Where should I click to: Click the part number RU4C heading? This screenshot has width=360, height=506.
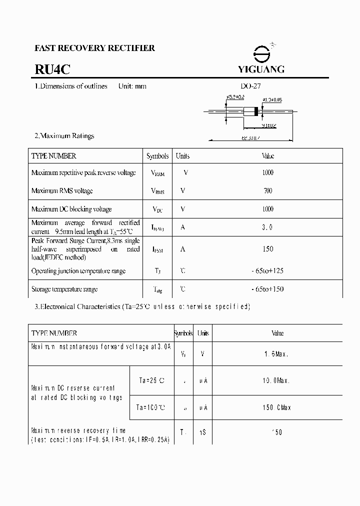(x=49, y=69)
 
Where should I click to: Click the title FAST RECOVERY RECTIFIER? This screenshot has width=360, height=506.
(x=94, y=48)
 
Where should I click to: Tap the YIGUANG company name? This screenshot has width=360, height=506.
(x=261, y=69)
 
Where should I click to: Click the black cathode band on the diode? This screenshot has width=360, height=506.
(x=256, y=112)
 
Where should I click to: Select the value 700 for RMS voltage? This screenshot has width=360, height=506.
(x=267, y=190)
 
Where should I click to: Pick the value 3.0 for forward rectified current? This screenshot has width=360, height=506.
(x=267, y=227)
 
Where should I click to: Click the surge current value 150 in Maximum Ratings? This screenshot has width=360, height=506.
(x=267, y=249)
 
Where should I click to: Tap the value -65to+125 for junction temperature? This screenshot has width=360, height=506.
(x=267, y=271)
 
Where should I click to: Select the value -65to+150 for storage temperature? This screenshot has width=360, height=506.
(x=267, y=289)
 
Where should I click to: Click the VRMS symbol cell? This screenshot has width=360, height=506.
(x=157, y=191)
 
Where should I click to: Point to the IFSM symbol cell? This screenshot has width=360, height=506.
(x=157, y=249)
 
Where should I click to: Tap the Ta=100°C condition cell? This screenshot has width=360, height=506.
(x=150, y=407)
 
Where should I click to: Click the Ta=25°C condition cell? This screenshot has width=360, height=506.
(x=150, y=380)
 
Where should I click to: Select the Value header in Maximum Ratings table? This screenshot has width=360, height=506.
(x=267, y=156)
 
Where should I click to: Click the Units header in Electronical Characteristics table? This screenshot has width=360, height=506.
(x=203, y=333)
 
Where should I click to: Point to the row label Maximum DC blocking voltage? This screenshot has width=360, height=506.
(x=71, y=209)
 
